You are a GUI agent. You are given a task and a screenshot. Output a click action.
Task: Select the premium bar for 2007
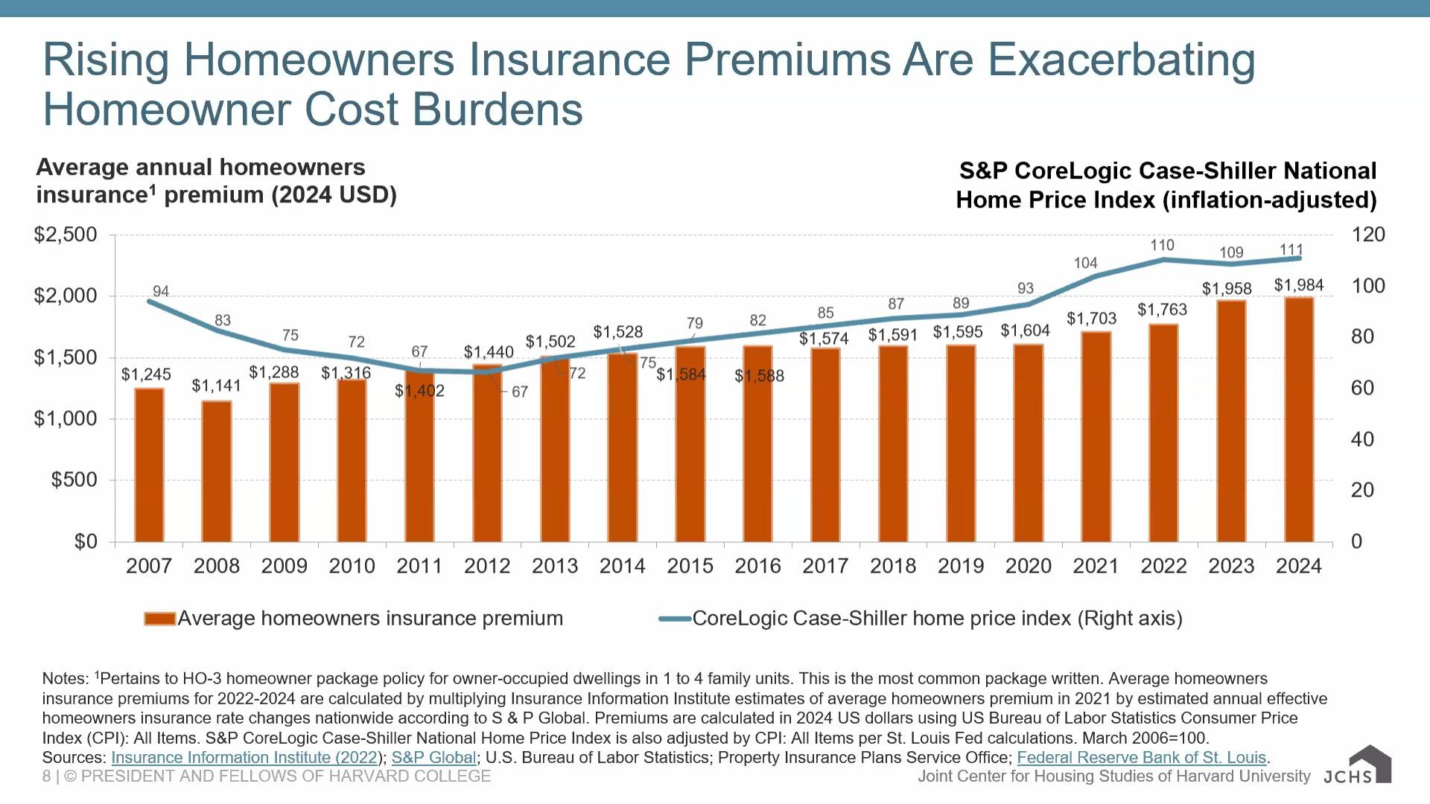(x=149, y=465)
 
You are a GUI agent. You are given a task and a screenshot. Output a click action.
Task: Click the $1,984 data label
(x=1299, y=285)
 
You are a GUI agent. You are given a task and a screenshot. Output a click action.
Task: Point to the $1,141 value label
(x=216, y=386)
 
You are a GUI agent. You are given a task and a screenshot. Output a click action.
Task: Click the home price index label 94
(x=161, y=291)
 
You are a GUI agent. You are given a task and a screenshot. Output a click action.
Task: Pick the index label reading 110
(x=1162, y=245)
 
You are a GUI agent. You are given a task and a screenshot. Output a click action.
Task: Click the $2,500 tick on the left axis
(x=66, y=235)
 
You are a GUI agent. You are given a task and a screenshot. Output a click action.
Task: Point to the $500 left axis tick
(x=74, y=480)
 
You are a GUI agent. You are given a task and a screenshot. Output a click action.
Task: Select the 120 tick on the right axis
(x=1368, y=235)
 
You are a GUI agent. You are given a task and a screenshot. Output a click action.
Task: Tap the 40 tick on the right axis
(x=1362, y=439)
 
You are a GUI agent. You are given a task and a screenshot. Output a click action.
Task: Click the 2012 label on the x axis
(x=487, y=567)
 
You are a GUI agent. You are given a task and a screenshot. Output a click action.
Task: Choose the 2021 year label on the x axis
(x=1096, y=567)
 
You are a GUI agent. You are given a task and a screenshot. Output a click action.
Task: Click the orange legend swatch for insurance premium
(x=159, y=619)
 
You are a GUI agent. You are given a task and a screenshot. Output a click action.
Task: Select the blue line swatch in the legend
(x=675, y=619)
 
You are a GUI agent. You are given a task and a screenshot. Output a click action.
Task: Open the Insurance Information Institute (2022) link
(x=244, y=758)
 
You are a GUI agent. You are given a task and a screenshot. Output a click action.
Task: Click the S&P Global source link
(x=433, y=758)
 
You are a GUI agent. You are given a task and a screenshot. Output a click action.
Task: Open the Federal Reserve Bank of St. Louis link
(x=1141, y=758)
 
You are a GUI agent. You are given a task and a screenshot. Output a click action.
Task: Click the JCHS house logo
(x=1370, y=764)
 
